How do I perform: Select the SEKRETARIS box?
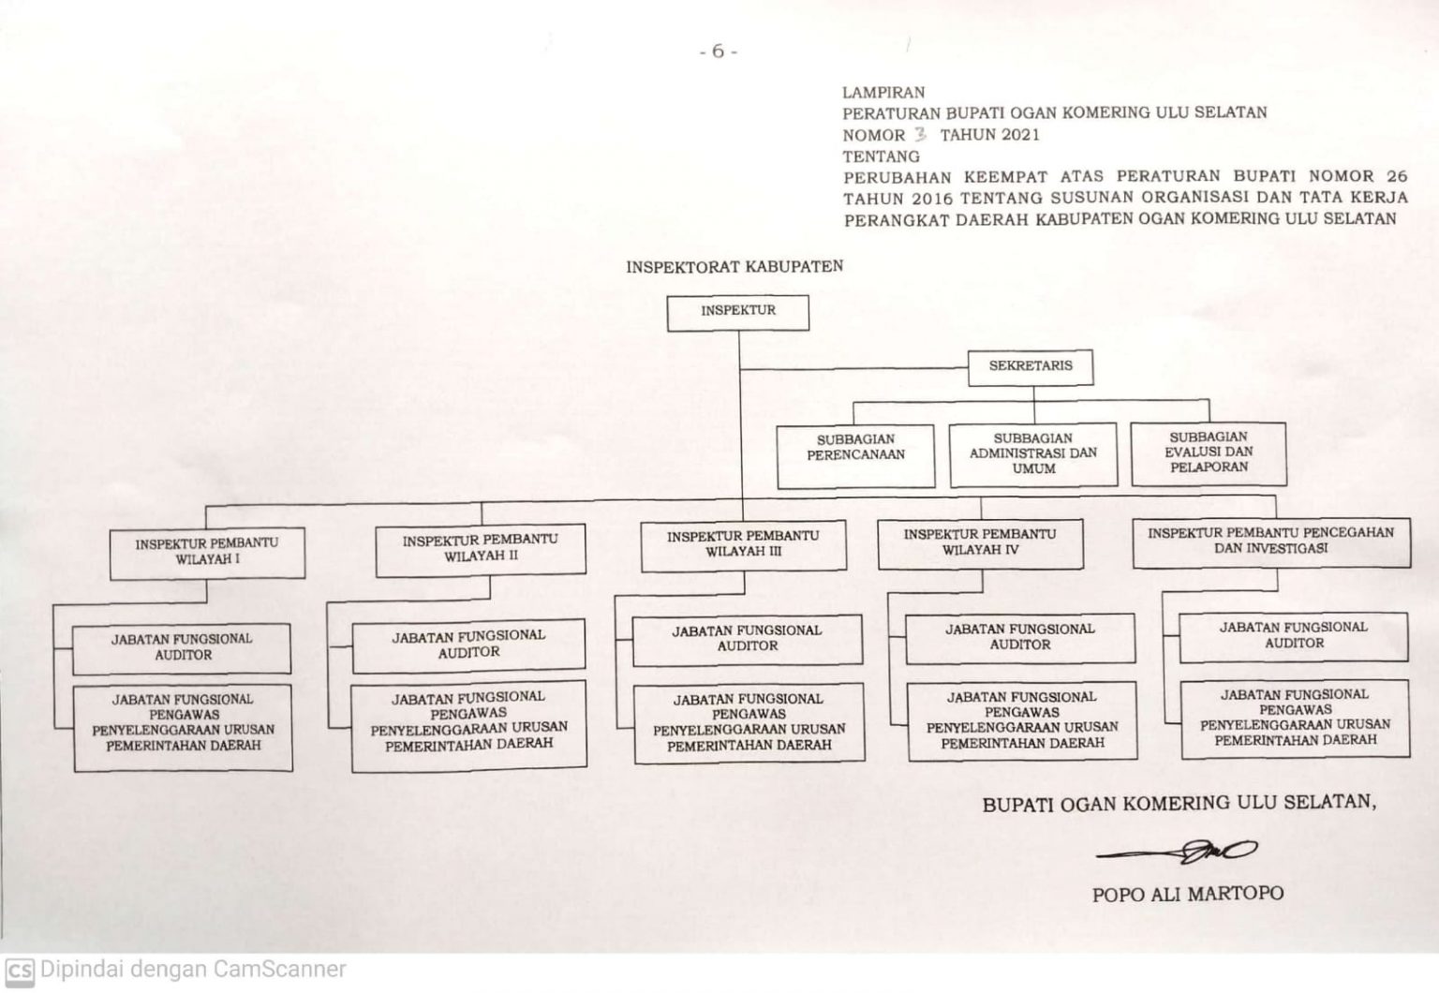pos(1031,366)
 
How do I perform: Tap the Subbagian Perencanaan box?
pos(855,455)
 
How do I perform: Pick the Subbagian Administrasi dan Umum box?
pos(1032,454)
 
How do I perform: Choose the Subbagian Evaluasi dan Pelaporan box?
pos(1209,452)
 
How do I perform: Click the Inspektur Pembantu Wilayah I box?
pos(207,553)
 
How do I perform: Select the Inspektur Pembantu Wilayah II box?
pos(480,549)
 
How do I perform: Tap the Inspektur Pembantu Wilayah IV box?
pos(980,542)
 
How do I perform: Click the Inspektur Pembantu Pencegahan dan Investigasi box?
pos(1270,541)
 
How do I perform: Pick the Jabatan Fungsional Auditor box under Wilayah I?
pos(182,647)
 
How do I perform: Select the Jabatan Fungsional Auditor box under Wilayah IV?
pos(1020,638)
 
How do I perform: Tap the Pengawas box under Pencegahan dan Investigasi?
pos(1295,719)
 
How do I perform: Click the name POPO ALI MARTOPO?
pos(1187,894)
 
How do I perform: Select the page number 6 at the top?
pos(719,52)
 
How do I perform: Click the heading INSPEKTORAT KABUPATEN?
pos(734,267)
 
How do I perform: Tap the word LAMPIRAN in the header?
pos(883,93)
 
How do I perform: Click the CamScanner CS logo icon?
pos(19,971)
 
